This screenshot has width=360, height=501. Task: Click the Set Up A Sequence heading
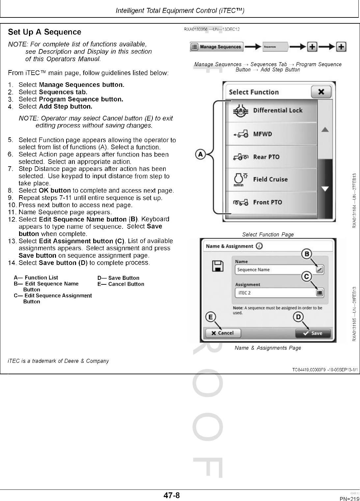[x=44, y=32]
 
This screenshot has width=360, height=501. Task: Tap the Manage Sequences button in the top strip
[x=216, y=47]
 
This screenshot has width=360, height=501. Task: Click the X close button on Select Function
[x=321, y=92]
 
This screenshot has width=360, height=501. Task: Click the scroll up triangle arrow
[x=325, y=130]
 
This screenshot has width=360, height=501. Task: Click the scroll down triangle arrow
[x=325, y=189]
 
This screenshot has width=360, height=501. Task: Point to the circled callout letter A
[x=200, y=154]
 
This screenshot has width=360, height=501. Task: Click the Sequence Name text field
[x=275, y=270]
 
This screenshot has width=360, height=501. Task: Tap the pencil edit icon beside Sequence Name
[x=319, y=270]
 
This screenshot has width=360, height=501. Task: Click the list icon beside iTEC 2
[x=319, y=293]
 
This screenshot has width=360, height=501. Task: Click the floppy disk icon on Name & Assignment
[x=218, y=266]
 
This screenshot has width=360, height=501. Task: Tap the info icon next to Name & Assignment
[x=259, y=246]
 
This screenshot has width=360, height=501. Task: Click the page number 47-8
[x=172, y=495]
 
